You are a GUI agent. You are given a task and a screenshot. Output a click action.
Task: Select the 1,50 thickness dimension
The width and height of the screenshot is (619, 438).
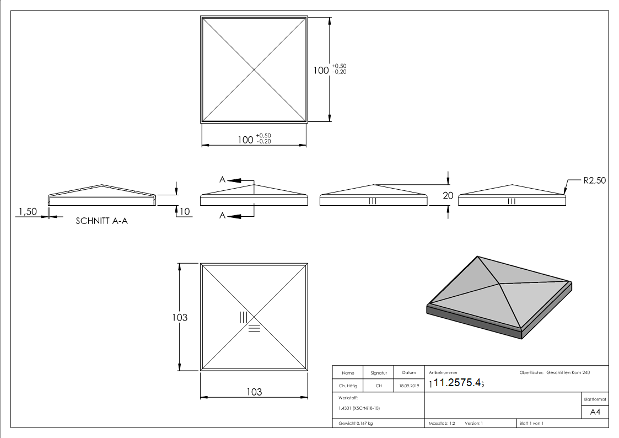[28, 212]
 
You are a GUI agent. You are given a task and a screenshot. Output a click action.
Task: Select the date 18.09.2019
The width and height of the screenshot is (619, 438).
[408, 386]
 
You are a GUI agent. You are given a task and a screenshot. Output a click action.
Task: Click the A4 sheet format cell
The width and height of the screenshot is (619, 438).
[595, 412]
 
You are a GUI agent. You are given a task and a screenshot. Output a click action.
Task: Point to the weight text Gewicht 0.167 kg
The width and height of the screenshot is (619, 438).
[356, 423]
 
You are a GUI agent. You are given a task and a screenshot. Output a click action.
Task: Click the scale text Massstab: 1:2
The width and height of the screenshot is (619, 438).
[442, 423]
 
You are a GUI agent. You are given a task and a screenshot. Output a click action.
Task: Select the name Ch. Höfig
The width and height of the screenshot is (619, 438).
[348, 386]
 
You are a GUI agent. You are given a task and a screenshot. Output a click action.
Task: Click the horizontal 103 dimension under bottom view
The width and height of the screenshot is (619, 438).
[254, 392]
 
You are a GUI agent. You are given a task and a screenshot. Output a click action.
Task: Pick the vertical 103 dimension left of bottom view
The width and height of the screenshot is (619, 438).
[180, 317]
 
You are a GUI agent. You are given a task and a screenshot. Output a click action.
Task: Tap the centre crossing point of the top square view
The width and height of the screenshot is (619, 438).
[254, 70]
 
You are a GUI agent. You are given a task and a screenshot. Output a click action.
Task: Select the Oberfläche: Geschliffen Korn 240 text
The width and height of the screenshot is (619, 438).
[555, 373]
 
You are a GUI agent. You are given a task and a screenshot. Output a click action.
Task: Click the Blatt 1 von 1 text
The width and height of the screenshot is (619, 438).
[531, 423]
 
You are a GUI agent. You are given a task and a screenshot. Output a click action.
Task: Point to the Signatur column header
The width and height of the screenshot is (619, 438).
[379, 373]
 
